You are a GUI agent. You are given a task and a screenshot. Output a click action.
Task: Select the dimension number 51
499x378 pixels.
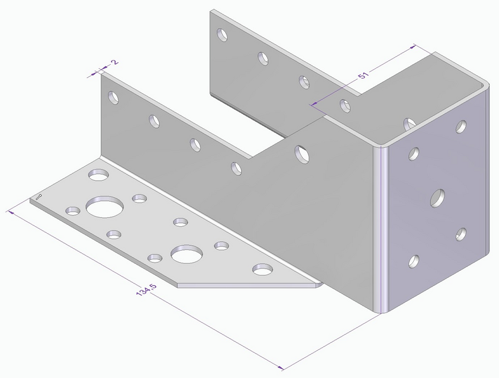[x=363, y=76]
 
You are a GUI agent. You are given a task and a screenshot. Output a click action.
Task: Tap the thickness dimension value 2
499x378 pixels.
[x=114, y=62]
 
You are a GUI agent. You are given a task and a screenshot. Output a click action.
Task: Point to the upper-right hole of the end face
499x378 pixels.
[x=461, y=127]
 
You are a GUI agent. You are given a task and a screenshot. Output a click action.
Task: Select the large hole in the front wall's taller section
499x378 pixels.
[x=301, y=152]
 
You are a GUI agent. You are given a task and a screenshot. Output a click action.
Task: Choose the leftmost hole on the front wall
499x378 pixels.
[x=113, y=98]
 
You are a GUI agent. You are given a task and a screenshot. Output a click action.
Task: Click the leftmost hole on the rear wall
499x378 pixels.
[x=221, y=34]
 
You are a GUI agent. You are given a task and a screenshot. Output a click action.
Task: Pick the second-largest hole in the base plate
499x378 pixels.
[x=186, y=254]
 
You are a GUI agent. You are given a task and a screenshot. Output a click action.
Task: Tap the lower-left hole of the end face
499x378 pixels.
[x=414, y=260]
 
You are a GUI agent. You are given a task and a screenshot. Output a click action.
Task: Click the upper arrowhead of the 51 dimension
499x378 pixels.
[x=413, y=47]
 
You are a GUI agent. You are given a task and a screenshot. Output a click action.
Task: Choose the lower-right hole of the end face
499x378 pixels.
[x=462, y=234]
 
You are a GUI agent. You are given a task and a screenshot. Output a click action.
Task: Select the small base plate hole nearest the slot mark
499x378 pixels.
[x=73, y=210]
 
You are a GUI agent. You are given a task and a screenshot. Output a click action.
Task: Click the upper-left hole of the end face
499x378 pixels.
[x=414, y=152]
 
